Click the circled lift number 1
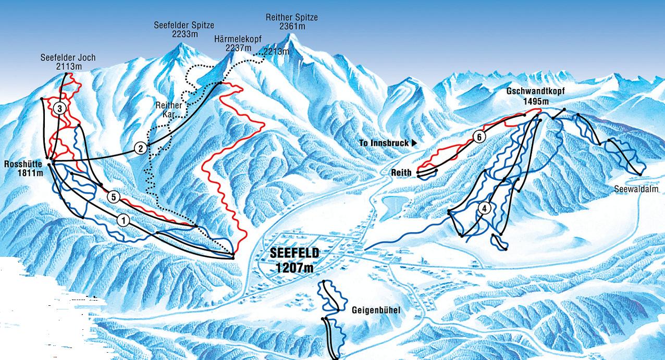(x=124, y=220)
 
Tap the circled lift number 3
(x=60, y=108)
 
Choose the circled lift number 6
(x=479, y=138)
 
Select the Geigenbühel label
(x=375, y=311)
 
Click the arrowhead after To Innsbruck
(x=415, y=143)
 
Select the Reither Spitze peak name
(x=291, y=17)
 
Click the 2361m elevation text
(x=291, y=26)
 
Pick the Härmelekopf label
(x=238, y=39)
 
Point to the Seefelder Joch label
(x=68, y=57)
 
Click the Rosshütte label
(x=22, y=164)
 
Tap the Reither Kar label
(x=169, y=108)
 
